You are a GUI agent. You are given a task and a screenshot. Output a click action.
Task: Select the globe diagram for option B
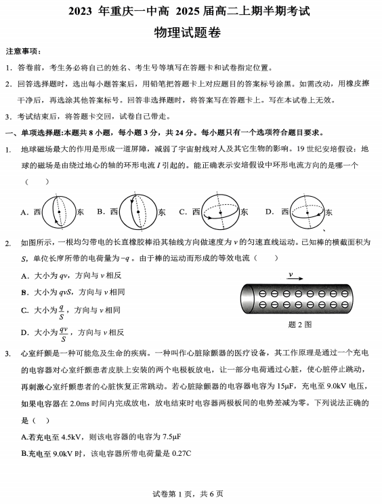tap(135, 212)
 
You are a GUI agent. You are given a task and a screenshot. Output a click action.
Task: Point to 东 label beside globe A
tap(81, 212)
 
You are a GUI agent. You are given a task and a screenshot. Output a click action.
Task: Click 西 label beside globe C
tap(196, 212)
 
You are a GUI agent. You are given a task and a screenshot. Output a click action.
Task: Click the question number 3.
tap(7, 353)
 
